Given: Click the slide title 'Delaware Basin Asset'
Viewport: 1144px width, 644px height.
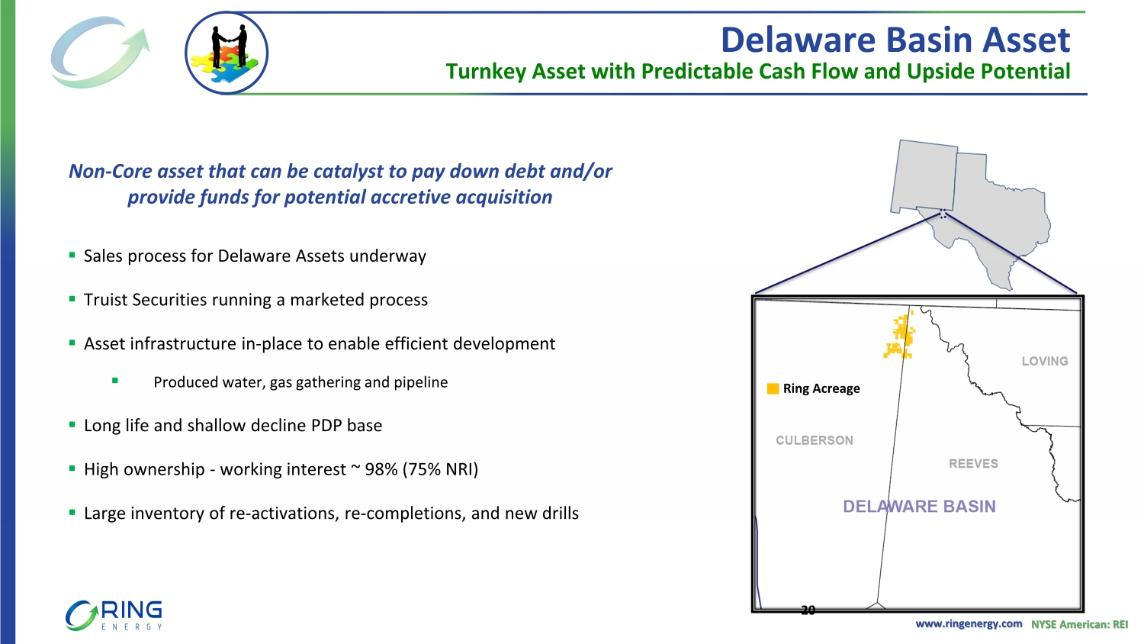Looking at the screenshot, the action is (895, 40).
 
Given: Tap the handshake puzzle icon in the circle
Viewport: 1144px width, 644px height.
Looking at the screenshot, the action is (227, 53).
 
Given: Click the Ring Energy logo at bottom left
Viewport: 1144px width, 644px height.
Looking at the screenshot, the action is (114, 615).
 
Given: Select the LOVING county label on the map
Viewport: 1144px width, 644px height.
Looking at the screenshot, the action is (1045, 361).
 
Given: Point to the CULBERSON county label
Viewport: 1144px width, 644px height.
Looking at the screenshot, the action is (815, 440).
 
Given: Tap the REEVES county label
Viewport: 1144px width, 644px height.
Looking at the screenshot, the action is (973, 464).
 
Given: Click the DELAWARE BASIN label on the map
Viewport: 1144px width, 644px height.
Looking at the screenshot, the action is (919, 506).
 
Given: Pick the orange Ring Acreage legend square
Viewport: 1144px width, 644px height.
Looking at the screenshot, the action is (773, 388).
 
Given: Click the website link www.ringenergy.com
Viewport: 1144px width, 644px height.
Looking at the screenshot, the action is (969, 623).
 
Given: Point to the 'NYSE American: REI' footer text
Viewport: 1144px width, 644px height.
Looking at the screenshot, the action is (1080, 624).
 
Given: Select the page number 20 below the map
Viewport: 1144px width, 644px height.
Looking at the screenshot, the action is (808, 610).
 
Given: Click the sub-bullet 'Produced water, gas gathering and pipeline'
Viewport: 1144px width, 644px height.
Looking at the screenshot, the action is (300, 382).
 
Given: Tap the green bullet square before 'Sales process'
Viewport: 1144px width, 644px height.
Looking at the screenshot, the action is (72, 255).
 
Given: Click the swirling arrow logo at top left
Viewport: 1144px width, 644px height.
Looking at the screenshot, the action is (100, 52).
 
